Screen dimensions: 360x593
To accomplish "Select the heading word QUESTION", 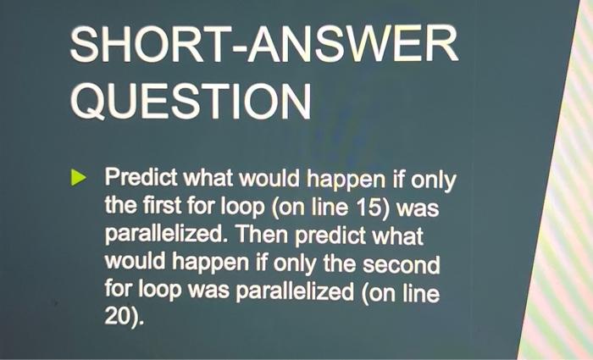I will coord(191,103).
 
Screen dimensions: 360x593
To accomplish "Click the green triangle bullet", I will coord(78,179).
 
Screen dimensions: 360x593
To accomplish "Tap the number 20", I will coord(118,319).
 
